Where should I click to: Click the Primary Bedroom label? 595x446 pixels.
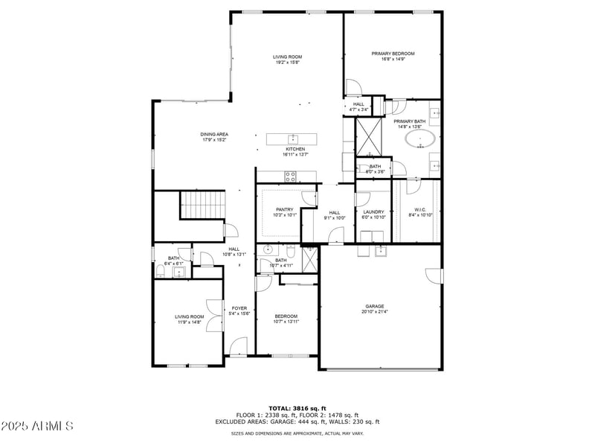tap(393, 54)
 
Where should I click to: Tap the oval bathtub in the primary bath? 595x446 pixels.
tap(421, 138)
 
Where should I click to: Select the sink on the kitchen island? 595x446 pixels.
tap(294, 138)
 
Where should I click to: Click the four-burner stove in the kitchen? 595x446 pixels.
tap(290, 176)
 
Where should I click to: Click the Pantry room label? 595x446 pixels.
tap(284, 209)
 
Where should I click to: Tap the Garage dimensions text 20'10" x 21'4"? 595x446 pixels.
tap(374, 312)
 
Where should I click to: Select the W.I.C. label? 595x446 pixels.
tap(419, 210)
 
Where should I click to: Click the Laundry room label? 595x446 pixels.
tap(373, 211)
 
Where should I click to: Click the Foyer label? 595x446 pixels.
tap(239, 308)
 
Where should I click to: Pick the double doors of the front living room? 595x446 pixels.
tap(216, 316)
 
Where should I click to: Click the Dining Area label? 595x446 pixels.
tap(214, 134)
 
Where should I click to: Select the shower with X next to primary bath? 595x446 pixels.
tap(369, 134)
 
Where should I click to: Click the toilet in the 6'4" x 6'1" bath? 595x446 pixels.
tap(179, 273)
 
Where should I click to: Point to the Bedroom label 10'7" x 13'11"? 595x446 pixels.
tap(286, 316)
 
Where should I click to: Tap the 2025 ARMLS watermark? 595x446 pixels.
tap(37, 426)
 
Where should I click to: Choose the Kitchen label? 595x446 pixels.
tap(295, 149)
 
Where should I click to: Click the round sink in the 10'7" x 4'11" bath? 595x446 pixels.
tap(268, 250)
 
